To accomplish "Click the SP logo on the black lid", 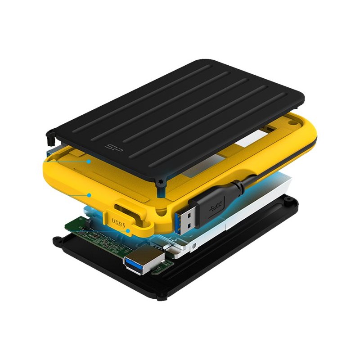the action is click(x=114, y=148).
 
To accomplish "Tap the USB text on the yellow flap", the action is click(x=117, y=222).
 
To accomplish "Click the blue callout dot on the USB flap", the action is click(x=128, y=231).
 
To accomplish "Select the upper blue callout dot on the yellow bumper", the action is click(x=89, y=162).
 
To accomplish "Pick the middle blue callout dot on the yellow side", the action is click(x=89, y=195).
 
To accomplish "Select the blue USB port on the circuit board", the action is click(x=144, y=260).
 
